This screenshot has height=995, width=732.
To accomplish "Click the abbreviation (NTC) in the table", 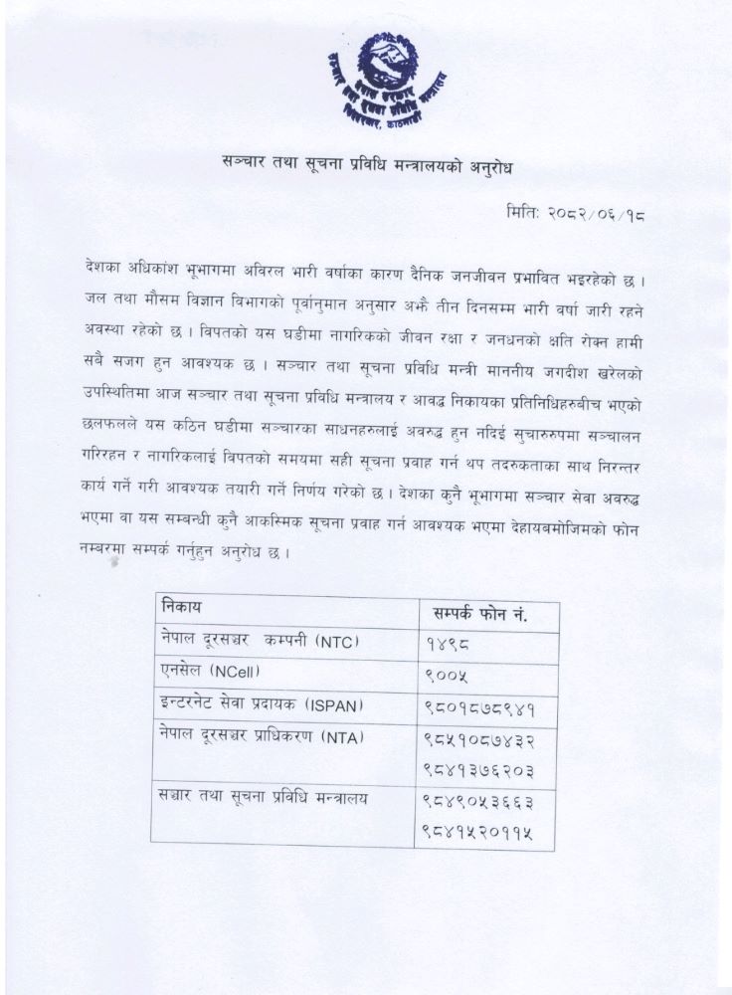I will [336, 642].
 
